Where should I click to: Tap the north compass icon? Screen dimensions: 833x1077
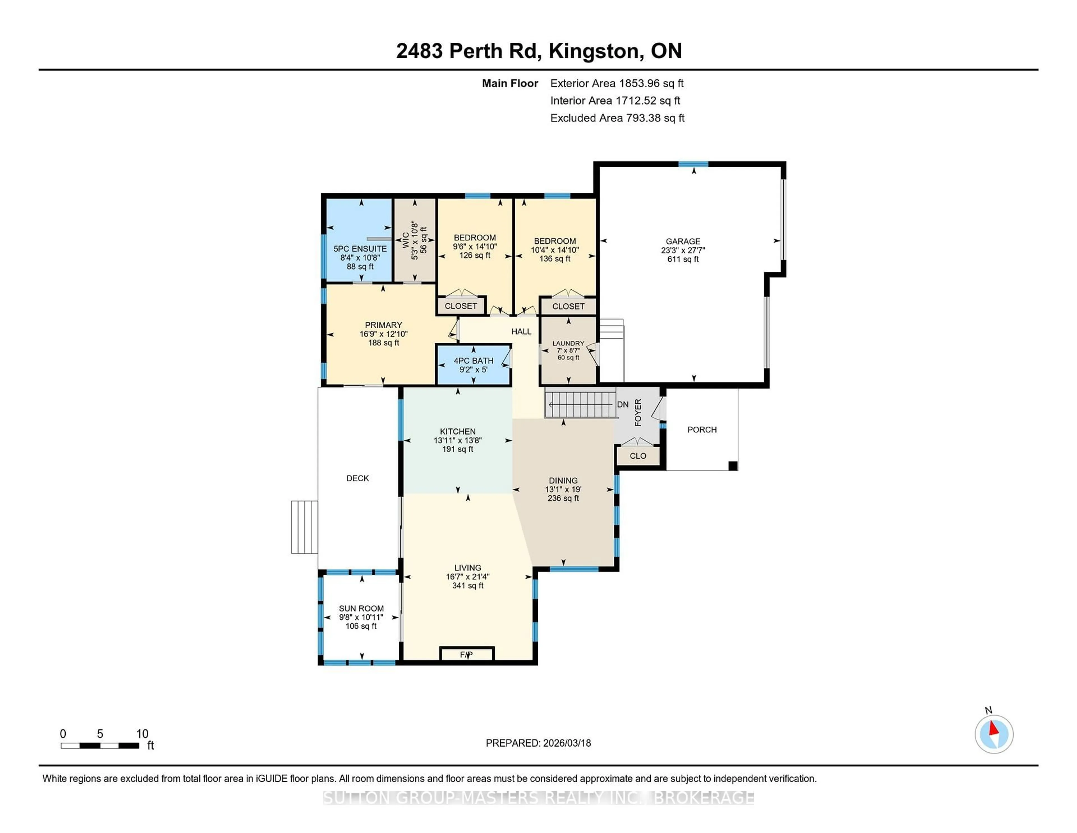coord(994,734)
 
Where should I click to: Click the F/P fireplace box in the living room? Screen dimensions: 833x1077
coord(466,654)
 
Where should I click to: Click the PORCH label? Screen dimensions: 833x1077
coord(702,430)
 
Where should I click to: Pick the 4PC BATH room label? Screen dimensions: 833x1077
coord(473,361)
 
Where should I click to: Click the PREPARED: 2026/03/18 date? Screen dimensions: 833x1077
coord(538,743)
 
